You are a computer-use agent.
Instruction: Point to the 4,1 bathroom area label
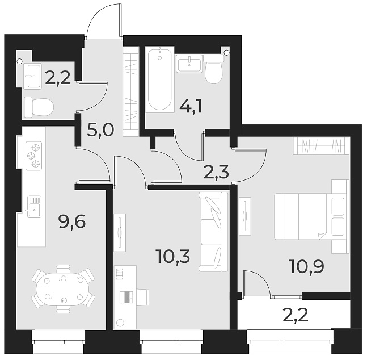pyautogui.click(x=188, y=106)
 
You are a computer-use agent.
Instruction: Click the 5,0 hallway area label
pyautogui.click(x=101, y=132)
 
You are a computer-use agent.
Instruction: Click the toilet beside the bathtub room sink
pyautogui.click(x=213, y=70)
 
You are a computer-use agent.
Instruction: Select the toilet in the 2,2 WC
pyautogui.click(x=39, y=106)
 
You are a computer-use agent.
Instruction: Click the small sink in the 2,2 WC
pyautogui.click(x=32, y=74)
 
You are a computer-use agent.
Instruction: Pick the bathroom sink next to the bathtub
pyautogui.click(x=189, y=64)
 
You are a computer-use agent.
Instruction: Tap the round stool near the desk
pyautogui.click(x=120, y=323)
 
